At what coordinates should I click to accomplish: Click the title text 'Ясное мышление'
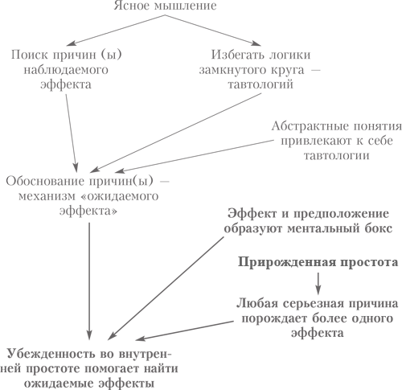coord(166,6)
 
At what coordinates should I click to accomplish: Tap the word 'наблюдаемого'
coord(66,70)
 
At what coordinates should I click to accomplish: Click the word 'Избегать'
coord(235,55)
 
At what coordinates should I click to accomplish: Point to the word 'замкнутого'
coord(233,70)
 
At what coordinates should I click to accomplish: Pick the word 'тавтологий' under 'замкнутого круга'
coord(260,84)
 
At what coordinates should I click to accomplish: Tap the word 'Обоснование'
coord(45,182)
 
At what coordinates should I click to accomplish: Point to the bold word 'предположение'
coord(342,214)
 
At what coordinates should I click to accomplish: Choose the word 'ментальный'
coord(323,229)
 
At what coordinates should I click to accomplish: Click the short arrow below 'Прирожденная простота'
coord(318,283)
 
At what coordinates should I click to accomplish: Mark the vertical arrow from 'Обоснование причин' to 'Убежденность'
coord(89,281)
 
